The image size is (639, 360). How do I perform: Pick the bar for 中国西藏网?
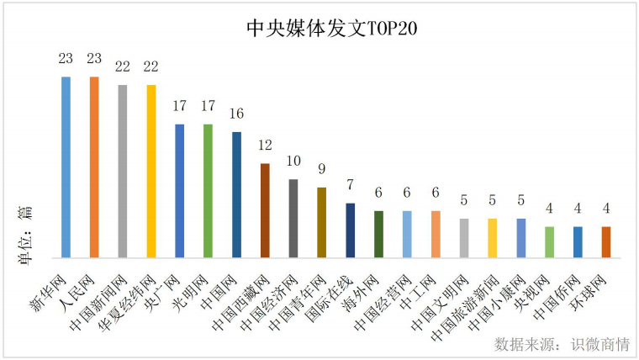tap(265, 209)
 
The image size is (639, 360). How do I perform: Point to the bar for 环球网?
tap(606, 241)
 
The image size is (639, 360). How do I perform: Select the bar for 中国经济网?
tap(293, 218)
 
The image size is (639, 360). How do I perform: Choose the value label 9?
tap(322, 169)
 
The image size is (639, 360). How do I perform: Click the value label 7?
tap(351, 185)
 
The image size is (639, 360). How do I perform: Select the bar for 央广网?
tap(180, 190)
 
